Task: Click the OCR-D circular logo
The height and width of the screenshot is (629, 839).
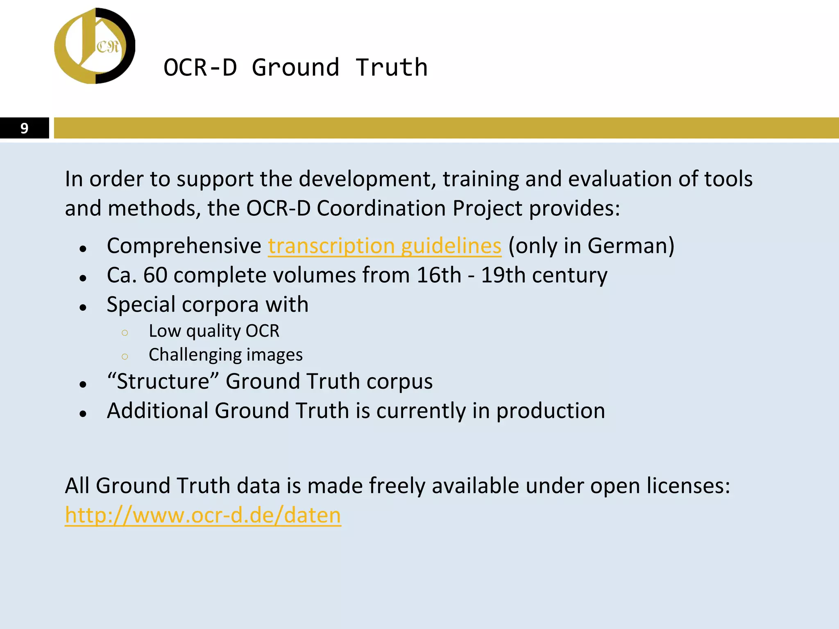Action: click(x=95, y=46)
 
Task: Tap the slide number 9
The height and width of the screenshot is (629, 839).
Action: click(x=24, y=128)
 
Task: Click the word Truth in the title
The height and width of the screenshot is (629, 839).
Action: click(x=391, y=68)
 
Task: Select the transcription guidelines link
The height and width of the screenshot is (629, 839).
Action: click(x=384, y=246)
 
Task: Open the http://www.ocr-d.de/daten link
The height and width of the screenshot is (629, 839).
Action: click(x=203, y=515)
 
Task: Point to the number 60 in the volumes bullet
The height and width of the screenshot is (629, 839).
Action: click(x=155, y=275)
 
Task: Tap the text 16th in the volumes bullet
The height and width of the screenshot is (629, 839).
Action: click(x=438, y=275)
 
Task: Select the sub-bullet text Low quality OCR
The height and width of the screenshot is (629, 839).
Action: click(x=214, y=331)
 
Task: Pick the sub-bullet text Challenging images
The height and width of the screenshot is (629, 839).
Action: click(x=225, y=355)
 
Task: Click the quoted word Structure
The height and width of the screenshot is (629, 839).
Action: click(x=163, y=381)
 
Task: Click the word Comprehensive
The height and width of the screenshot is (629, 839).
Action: click(x=184, y=246)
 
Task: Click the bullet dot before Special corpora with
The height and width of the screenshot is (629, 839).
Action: click(x=83, y=307)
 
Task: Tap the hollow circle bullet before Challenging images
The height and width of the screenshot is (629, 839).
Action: click(x=125, y=356)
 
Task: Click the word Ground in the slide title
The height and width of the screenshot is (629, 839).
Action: click(x=295, y=68)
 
